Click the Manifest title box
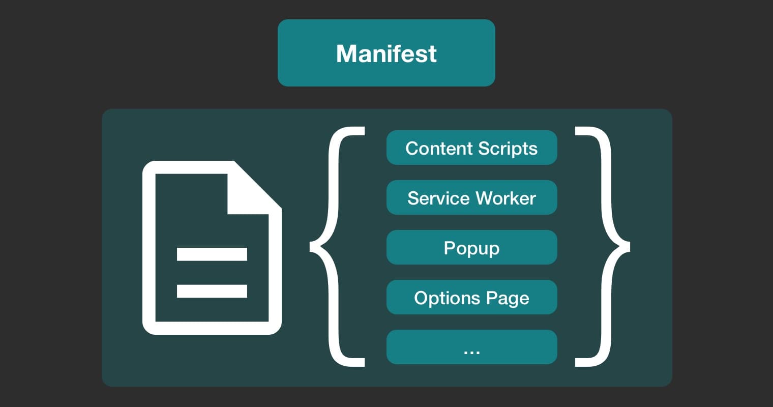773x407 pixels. click(x=386, y=53)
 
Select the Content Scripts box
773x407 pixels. click(x=471, y=148)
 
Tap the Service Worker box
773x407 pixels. click(x=471, y=198)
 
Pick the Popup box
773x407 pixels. click(x=471, y=248)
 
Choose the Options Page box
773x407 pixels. click(x=471, y=298)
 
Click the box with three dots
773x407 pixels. click(x=471, y=347)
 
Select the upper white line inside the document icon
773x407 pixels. click(x=212, y=254)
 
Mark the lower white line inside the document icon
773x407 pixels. click(x=212, y=290)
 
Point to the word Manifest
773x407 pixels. click(x=386, y=53)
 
